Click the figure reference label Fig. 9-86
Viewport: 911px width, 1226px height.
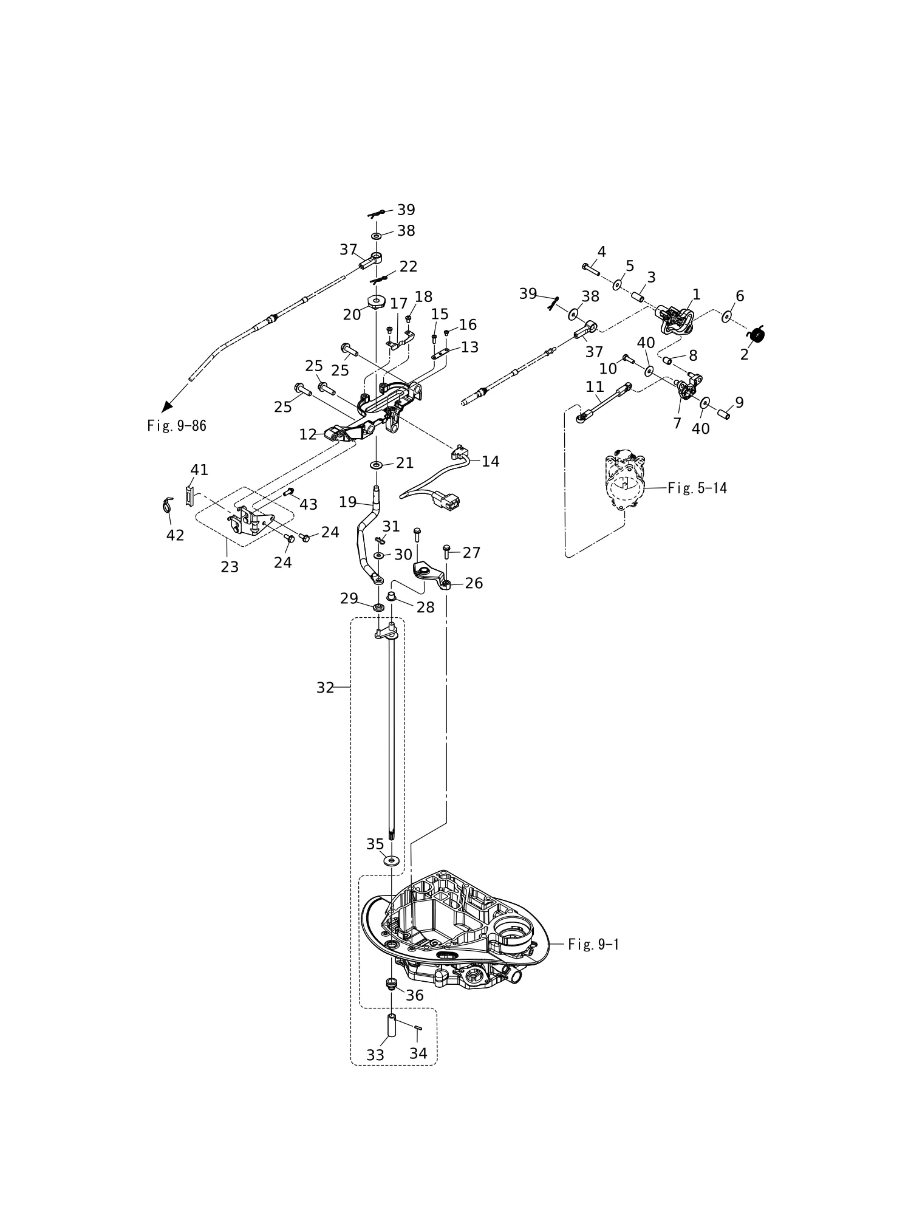(x=177, y=426)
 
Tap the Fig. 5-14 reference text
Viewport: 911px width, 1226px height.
(x=697, y=488)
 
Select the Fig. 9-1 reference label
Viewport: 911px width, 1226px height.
(x=594, y=944)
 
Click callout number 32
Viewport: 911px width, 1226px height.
(x=326, y=687)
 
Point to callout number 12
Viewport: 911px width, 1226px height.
(x=308, y=434)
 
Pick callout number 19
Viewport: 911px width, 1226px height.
(x=348, y=502)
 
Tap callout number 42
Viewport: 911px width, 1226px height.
(x=176, y=535)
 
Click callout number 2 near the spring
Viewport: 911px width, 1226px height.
(x=745, y=355)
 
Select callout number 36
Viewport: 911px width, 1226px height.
(x=415, y=995)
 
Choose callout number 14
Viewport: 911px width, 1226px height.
(x=491, y=462)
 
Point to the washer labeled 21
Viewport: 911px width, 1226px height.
(x=376, y=465)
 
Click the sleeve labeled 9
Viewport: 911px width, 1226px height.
(x=723, y=414)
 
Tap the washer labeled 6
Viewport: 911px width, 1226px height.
(x=726, y=317)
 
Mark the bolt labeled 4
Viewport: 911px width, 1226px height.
(x=591, y=269)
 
